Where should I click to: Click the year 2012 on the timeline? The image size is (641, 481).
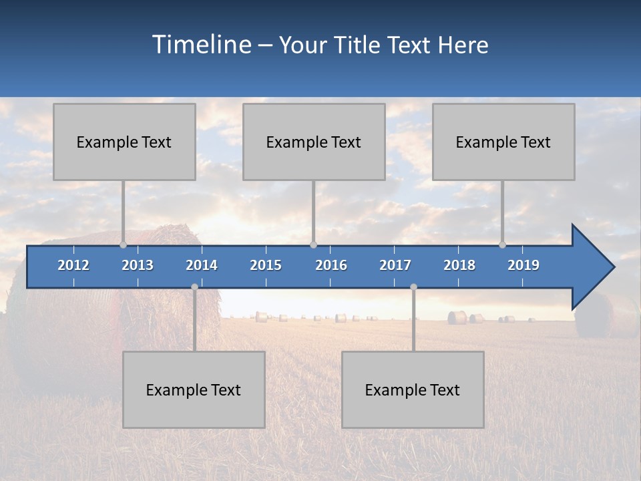coord(73,265)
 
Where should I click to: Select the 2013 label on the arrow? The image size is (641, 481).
coord(138,265)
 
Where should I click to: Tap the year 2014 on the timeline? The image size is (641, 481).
coord(202,265)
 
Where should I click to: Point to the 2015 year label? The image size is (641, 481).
coord(266,265)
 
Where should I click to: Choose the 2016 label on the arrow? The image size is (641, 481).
coord(331,265)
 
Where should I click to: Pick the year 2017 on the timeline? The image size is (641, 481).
coord(395,265)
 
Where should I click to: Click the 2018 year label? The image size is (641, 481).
coord(459,265)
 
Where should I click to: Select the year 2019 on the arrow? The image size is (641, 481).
coord(523,265)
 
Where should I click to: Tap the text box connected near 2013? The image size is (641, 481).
coord(124,142)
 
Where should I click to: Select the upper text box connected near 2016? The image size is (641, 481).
coord(314,142)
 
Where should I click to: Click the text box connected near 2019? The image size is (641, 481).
coord(503,142)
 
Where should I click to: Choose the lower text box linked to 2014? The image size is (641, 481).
coord(194,389)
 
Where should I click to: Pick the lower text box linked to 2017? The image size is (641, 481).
coord(413,389)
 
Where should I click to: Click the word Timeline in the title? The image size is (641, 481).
coord(201,45)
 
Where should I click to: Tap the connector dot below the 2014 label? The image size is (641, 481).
coord(194,287)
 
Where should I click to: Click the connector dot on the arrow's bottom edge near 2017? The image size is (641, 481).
coord(413,287)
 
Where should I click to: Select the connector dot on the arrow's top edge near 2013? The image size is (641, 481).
coord(123,245)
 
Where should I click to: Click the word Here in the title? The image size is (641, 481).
coord(463,45)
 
